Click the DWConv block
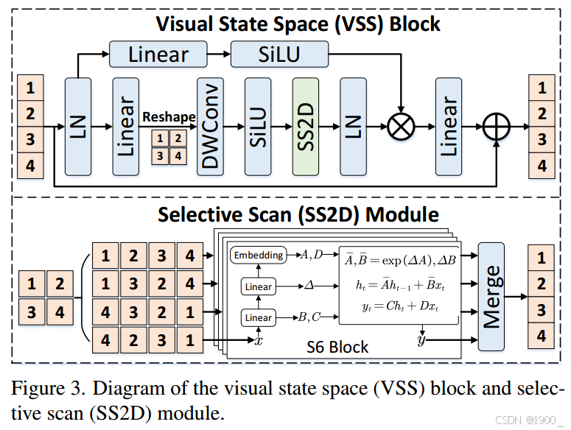211,126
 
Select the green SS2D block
305,126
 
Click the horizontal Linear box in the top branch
158,54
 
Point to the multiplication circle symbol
400,127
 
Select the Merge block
491,295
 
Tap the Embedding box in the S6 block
258,255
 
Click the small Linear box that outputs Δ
258,286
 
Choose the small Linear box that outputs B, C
258,318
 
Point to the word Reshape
169,117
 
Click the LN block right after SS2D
353,126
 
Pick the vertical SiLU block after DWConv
258,126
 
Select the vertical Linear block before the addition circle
448,126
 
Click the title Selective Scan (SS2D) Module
298,214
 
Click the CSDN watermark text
529,420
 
